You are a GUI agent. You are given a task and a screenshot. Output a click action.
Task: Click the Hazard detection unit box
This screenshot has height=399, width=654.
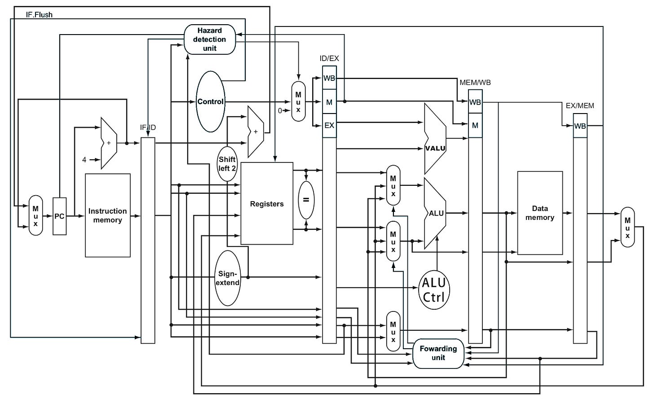pos(210,39)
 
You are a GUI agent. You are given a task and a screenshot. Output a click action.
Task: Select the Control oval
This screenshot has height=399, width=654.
pos(210,101)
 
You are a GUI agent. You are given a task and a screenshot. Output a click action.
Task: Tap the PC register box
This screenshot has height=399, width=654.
pos(59,216)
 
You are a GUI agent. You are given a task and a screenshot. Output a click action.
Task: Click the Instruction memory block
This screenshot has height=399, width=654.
pos(108,215)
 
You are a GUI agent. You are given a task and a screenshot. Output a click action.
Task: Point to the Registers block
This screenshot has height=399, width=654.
pos(267,203)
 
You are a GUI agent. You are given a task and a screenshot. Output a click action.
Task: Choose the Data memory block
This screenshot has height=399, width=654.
pos(540,213)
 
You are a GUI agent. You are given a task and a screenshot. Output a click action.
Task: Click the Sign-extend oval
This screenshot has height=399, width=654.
pos(227,278)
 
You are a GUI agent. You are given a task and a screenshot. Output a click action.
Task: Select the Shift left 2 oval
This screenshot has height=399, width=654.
pos(227,164)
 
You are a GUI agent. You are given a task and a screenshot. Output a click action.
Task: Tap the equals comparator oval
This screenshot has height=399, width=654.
pos(306,200)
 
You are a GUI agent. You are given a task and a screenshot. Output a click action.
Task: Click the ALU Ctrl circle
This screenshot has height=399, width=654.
pos(434,289)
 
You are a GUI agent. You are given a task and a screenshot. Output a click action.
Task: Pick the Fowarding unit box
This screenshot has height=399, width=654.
pos(438,353)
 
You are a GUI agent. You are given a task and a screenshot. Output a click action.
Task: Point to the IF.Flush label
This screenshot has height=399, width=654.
pos(39,15)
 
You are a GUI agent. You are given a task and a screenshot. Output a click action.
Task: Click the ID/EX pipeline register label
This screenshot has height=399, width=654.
pos(329,58)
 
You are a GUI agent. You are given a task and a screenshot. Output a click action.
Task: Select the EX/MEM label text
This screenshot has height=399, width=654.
pos(580,106)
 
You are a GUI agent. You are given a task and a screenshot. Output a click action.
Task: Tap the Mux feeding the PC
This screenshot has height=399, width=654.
pos(35,215)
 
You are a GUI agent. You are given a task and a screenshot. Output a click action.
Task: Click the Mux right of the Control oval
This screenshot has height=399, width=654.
pos(298,101)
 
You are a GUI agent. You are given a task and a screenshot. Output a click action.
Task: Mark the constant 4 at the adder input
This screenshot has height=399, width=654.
pos(84,160)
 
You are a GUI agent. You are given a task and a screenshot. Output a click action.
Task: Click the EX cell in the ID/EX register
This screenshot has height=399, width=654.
pos(329,125)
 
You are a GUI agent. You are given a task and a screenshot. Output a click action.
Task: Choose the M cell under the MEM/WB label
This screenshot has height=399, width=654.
pos(475,125)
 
